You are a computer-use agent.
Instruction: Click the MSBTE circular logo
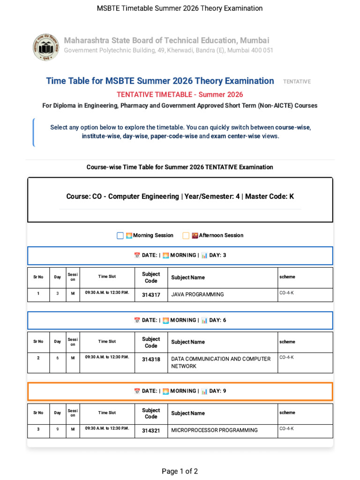(x=46, y=47)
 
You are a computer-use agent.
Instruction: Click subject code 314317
(x=151, y=295)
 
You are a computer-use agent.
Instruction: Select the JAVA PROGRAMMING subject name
(x=197, y=295)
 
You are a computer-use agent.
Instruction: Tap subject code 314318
(x=151, y=360)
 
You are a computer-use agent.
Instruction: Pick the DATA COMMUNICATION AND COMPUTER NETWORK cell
(x=221, y=362)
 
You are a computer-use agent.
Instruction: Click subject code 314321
(x=151, y=430)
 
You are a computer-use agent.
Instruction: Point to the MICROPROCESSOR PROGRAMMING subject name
(x=214, y=430)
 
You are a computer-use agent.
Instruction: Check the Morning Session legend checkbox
(x=120, y=236)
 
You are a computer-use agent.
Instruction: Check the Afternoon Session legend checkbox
(x=186, y=236)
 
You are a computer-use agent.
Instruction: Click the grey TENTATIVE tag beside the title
(x=297, y=82)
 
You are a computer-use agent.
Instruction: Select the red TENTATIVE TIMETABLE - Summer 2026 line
(x=180, y=95)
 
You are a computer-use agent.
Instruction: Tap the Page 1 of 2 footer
(x=180, y=472)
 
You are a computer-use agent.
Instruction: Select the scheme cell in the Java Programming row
(x=287, y=293)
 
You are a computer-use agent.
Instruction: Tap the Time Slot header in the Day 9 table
(x=107, y=413)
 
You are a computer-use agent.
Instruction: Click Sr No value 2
(x=38, y=358)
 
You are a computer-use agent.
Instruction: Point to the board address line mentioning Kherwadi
(x=168, y=51)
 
